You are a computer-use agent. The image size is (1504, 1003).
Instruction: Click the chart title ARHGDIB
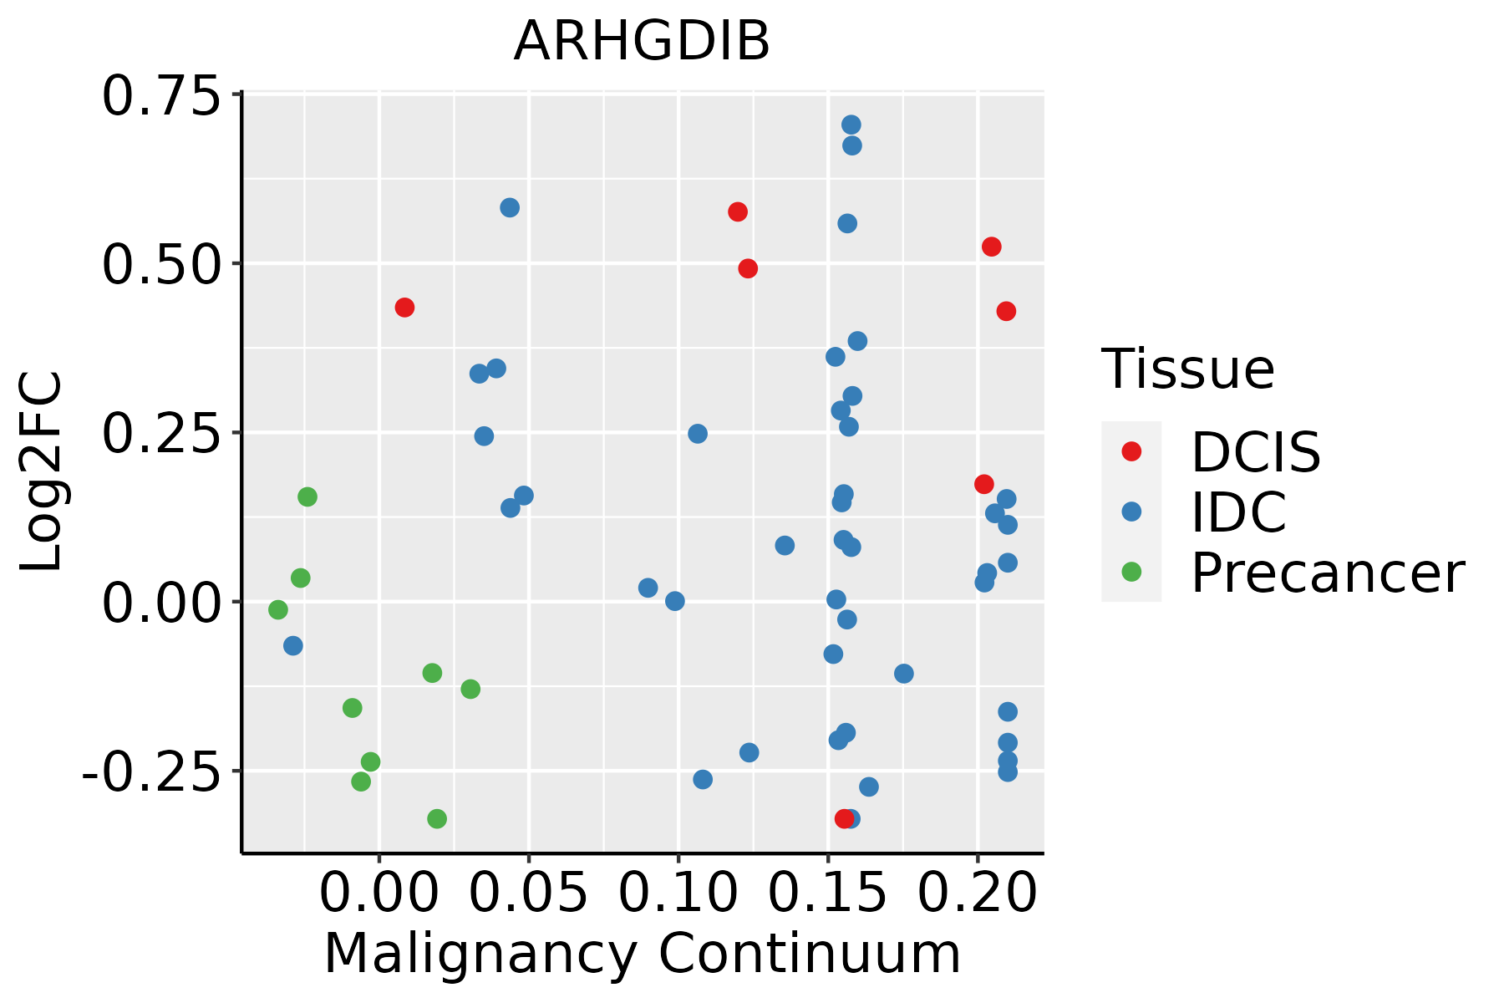pos(641,42)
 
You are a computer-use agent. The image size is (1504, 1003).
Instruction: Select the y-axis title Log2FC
pos(42,472)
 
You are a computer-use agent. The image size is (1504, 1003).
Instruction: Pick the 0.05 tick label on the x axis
pos(528,894)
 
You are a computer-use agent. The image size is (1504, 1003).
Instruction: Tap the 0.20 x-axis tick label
pos(978,894)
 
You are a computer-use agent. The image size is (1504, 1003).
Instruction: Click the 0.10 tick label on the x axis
pos(678,894)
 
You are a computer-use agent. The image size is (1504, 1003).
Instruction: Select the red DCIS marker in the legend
pos(1131,451)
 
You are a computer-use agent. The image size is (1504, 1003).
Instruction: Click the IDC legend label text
pos(1238,512)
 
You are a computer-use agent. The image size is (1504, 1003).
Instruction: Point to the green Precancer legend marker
pos(1131,572)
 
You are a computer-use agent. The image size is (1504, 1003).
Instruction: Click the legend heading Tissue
pos(1187,369)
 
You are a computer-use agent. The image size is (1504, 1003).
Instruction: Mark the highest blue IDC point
pos(851,125)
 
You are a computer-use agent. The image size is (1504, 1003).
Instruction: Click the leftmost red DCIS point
pos(404,308)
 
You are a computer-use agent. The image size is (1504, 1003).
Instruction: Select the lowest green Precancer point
pos(437,818)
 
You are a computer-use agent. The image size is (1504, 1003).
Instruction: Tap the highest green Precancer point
pos(307,497)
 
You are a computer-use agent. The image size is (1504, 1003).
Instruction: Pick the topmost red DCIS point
pos(737,212)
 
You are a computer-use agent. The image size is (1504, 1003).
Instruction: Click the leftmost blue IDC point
pos(293,646)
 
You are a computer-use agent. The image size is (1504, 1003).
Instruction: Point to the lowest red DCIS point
pos(844,818)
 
